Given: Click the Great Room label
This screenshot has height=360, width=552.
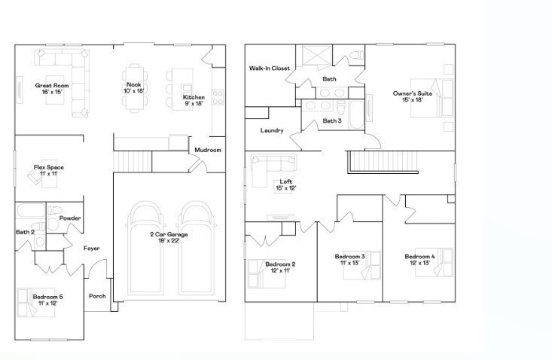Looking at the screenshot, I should [x=52, y=89].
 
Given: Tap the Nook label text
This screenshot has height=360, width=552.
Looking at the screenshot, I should [x=134, y=87].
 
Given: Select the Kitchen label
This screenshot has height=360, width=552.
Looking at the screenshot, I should [x=194, y=100].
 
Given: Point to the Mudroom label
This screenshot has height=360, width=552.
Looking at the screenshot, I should [x=208, y=150].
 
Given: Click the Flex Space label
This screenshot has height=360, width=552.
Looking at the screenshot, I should [x=46, y=170].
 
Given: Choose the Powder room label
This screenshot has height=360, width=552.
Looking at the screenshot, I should [x=70, y=218].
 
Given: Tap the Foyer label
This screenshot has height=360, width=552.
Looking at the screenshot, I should [x=92, y=248].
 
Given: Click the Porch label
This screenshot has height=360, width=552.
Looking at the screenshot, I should [x=97, y=296].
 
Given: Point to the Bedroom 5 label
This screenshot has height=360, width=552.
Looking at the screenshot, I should [x=47, y=300].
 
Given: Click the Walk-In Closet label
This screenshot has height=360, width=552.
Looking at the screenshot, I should [x=270, y=69].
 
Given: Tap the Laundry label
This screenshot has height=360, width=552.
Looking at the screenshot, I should [x=272, y=130].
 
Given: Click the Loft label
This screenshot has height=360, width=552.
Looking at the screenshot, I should [x=285, y=185].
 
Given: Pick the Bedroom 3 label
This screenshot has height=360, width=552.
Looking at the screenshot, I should [x=349, y=260].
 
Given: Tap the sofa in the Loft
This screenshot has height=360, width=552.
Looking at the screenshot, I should [x=274, y=163].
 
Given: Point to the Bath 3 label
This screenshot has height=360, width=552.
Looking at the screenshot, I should [x=332, y=121].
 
